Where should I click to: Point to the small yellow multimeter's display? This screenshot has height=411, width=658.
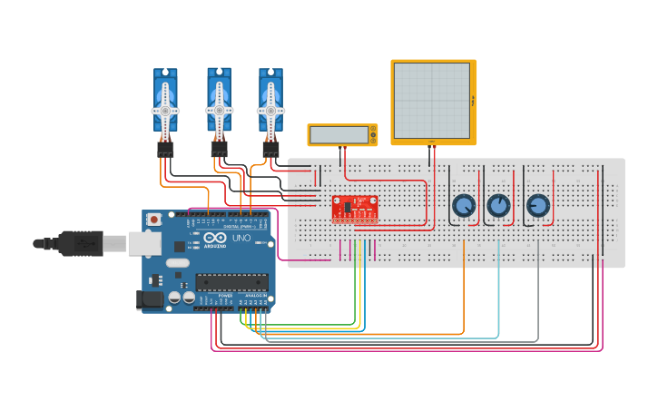tap(339, 135)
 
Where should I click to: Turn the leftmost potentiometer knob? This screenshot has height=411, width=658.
tap(464, 206)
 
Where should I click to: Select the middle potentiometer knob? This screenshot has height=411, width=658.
tap(498, 206)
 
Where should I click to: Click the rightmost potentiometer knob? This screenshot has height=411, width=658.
tap(537, 206)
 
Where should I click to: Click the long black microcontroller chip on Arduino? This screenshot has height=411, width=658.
tap(231, 282)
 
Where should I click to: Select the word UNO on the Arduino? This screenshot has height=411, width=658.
tap(241, 238)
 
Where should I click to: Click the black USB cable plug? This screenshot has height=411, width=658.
tap(82, 243)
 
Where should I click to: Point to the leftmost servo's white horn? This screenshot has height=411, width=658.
tap(165, 111)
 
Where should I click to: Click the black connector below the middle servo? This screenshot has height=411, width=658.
tap(219, 148)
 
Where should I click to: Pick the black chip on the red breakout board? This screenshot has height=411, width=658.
tap(349, 207)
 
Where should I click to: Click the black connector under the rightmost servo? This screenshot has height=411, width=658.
tap(270, 148)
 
